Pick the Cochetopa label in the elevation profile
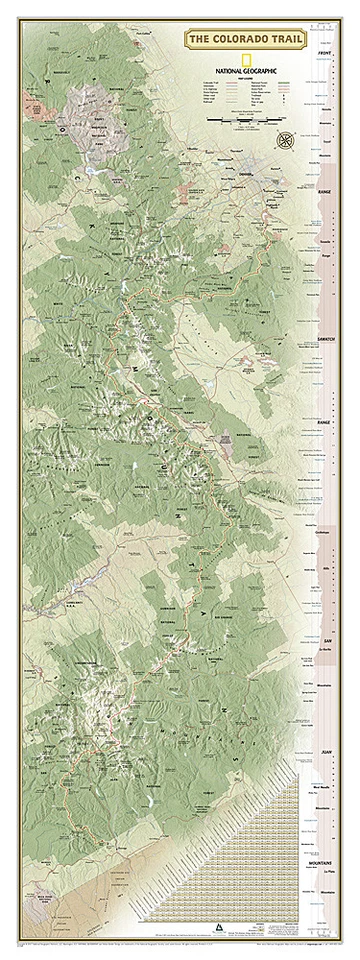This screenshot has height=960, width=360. click(323, 533)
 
